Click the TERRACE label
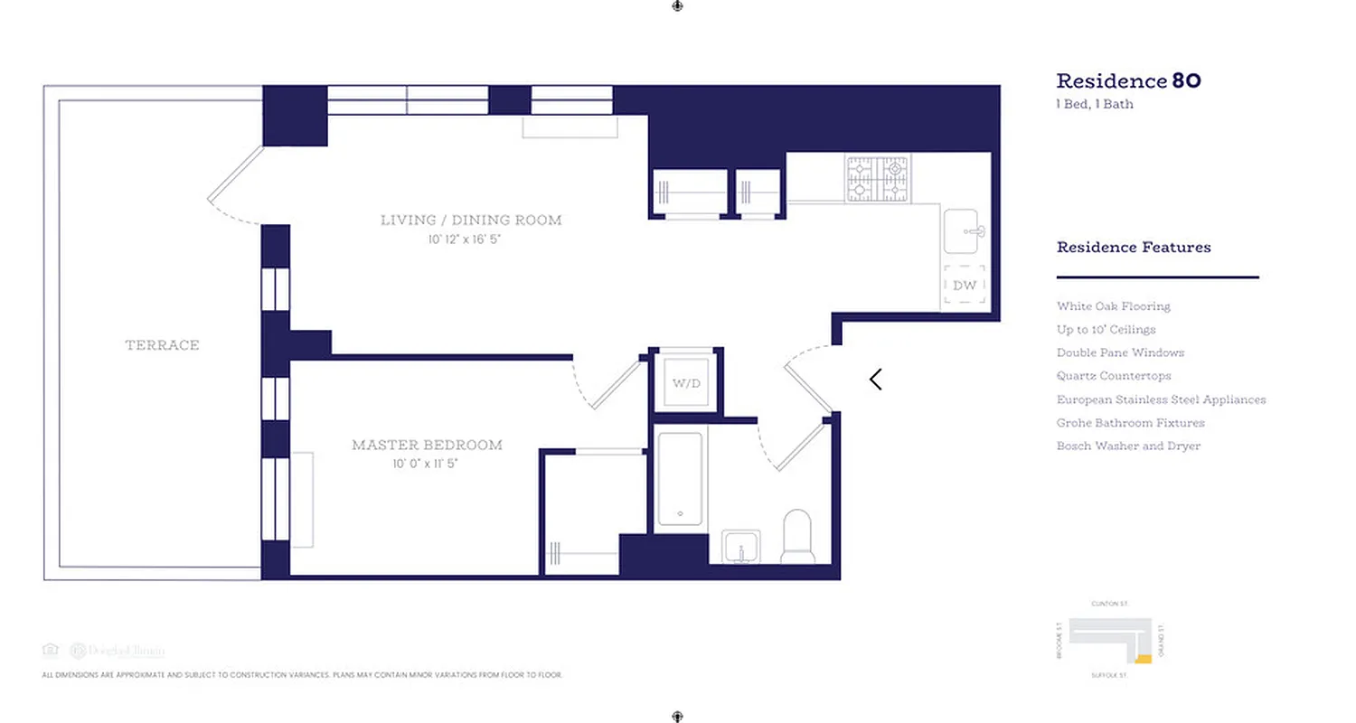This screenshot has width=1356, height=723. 162,345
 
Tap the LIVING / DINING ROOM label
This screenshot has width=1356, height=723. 470,220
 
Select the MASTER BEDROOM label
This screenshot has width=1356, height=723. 427,445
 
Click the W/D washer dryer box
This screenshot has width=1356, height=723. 686,383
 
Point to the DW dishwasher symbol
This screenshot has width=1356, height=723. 965,286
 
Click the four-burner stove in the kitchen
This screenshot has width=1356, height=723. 877,178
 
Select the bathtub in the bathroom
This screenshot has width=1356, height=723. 679,479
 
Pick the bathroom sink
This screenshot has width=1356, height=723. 740,547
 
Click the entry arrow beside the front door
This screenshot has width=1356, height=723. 875,380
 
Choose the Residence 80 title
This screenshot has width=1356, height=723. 1128,81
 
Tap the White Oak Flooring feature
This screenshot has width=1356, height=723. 1113,306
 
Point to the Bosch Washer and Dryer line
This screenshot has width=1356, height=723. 1128,446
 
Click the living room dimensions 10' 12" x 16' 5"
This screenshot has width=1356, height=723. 470,240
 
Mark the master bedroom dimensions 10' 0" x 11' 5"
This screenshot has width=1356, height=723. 427,465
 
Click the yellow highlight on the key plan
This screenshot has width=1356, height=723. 1143,660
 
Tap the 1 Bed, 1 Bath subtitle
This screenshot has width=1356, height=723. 1095,104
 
